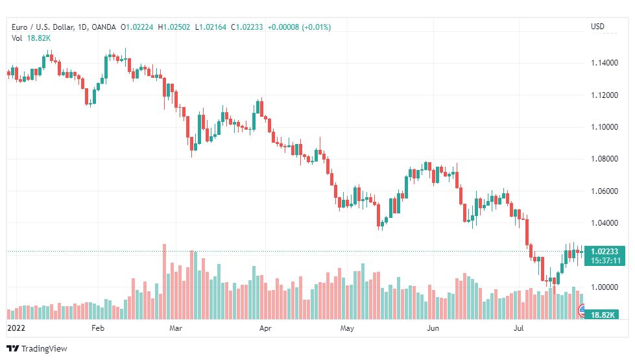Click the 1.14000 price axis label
[605, 63]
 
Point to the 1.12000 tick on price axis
[605, 95]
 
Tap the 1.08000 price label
[605, 159]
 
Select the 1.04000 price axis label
[605, 222]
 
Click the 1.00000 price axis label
[605, 287]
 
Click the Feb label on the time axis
[98, 328]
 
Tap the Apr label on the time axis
[265, 328]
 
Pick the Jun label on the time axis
[433, 328]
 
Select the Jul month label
[518, 328]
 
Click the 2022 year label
[16, 328]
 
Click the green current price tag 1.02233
[605, 252]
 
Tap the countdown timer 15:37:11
[605, 260]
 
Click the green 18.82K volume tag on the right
[603, 315]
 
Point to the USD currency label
[597, 27]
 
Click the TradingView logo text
[43, 349]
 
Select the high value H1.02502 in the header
[174, 27]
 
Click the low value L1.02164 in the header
[211, 27]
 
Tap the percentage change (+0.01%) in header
[316, 27]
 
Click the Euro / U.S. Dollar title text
[43, 27]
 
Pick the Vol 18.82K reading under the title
[31, 38]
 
